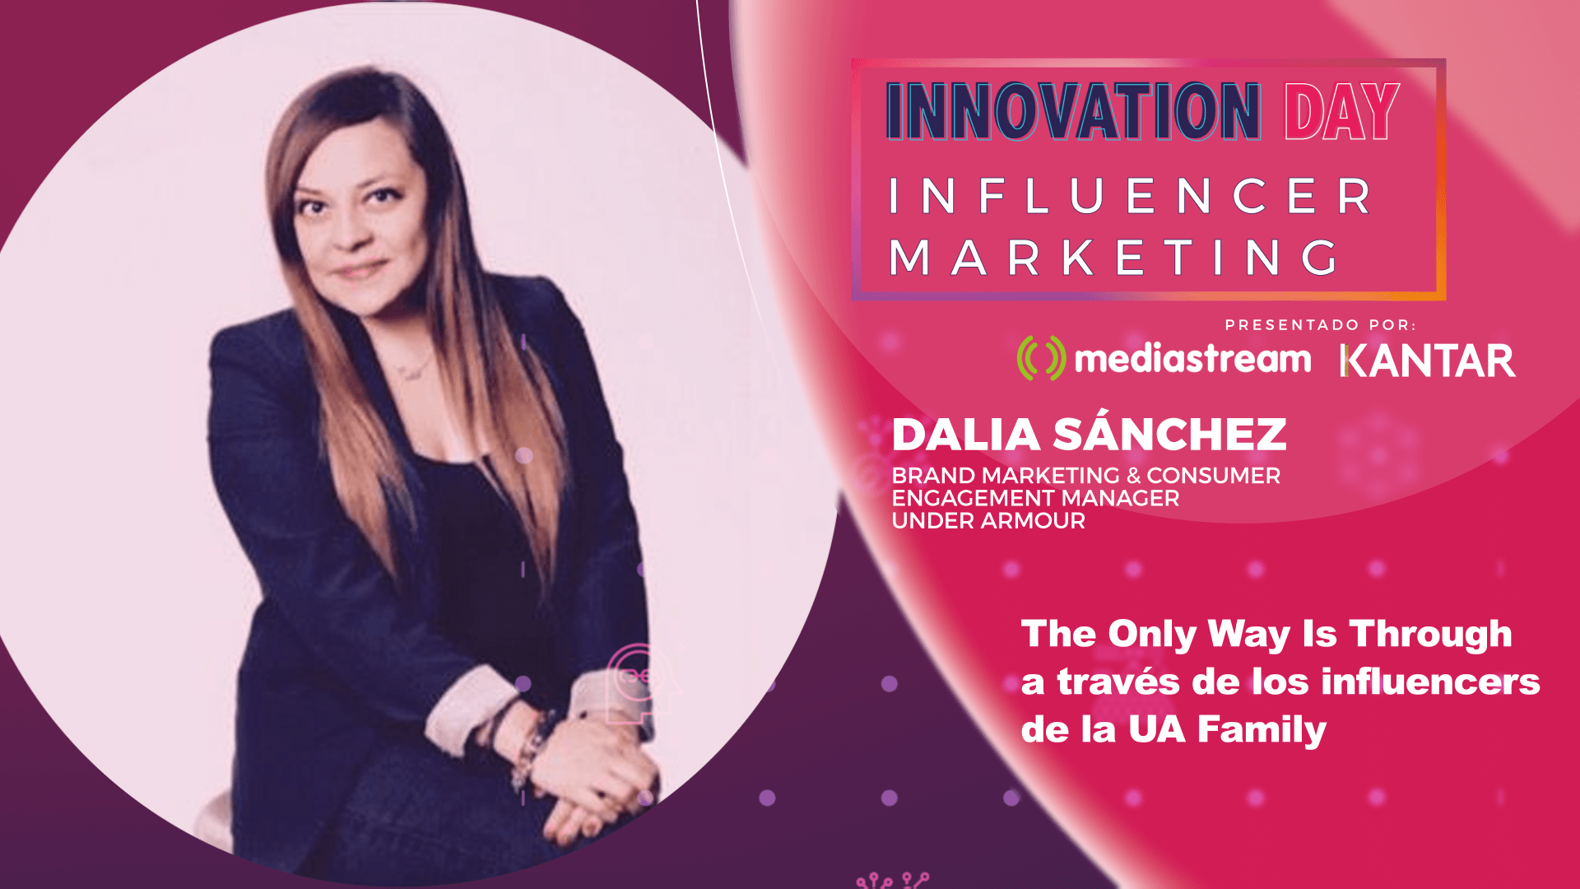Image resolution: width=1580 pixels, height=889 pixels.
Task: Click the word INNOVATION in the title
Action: (1073, 111)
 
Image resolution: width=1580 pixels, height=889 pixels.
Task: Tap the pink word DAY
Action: (1342, 111)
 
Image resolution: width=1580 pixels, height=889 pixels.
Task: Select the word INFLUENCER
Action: (1131, 197)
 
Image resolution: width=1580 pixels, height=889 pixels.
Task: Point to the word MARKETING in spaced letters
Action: (1116, 258)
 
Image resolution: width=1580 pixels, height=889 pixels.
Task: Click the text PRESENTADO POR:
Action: (1320, 325)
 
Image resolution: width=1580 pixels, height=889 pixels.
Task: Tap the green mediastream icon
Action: (1041, 358)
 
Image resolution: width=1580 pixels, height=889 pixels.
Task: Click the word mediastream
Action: (1192, 360)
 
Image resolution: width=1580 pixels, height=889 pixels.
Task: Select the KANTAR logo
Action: (1427, 361)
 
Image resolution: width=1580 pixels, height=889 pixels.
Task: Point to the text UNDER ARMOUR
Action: (988, 521)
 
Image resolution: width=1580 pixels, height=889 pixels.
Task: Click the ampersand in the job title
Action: (1133, 476)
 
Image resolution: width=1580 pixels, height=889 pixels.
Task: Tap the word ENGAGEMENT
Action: (962, 498)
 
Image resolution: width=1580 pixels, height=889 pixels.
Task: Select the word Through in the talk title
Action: (1430, 635)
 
